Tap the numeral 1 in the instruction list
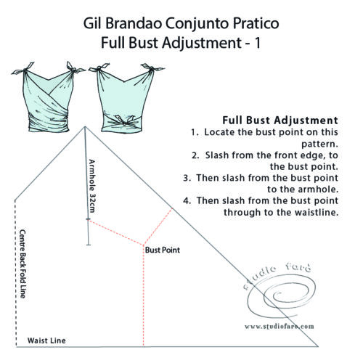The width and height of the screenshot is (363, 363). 195,134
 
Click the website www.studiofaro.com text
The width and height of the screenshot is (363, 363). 279,326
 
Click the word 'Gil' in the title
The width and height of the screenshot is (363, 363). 95,24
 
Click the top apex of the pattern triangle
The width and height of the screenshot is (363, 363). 86,126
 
